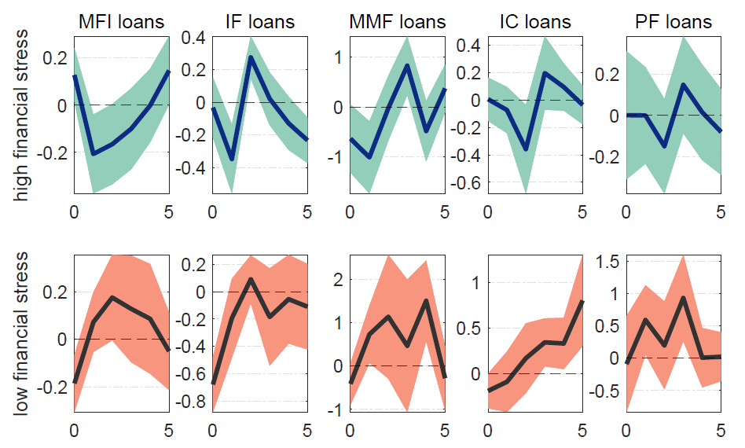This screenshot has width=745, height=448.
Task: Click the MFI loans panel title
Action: click(x=122, y=21)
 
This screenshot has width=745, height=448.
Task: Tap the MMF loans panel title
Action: click(x=397, y=21)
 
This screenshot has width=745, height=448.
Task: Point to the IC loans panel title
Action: click(x=534, y=21)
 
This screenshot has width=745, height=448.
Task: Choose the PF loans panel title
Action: click(x=673, y=21)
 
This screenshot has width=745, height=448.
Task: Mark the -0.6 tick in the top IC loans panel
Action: click(x=468, y=183)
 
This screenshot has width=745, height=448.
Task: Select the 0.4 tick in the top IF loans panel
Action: click(x=196, y=37)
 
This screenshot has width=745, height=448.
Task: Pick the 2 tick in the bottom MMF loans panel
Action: click(x=339, y=280)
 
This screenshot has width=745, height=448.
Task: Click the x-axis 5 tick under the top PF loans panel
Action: click(x=720, y=211)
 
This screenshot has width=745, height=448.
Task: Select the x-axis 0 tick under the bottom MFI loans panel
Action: click(x=74, y=430)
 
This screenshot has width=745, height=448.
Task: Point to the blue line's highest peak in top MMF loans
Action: click(x=406, y=65)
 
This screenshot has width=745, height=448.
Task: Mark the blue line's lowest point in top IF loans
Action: click(x=231, y=160)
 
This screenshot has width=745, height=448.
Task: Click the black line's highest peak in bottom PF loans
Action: click(x=682, y=298)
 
